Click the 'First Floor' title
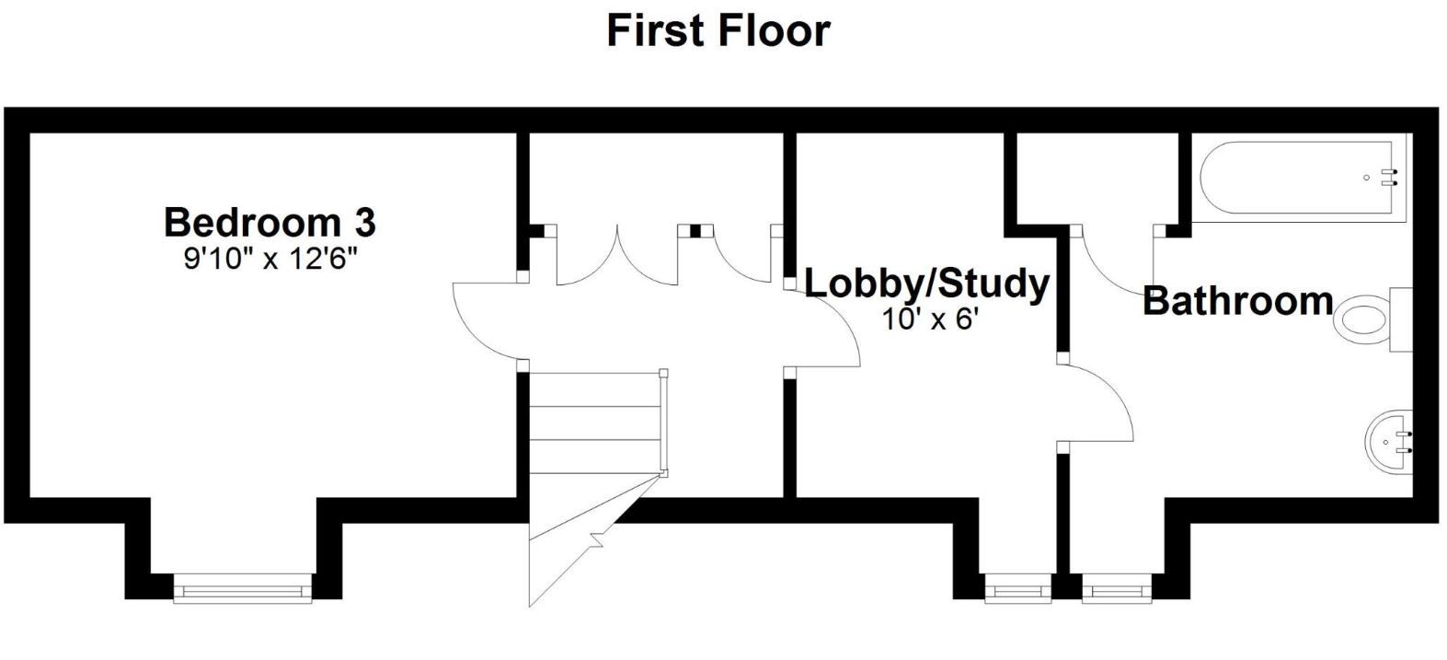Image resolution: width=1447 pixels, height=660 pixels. point(718,31)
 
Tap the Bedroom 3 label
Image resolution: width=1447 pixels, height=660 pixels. point(270,222)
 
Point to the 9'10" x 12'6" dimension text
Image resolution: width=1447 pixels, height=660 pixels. point(270,260)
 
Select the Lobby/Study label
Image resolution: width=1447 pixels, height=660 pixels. point(927,284)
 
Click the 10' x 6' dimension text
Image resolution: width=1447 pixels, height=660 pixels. point(931,319)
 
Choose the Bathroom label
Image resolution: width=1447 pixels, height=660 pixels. point(1237,301)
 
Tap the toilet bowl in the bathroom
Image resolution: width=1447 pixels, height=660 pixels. point(1363,320)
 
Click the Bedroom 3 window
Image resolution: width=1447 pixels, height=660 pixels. point(242,588)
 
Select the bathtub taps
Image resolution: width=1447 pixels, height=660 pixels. point(1390,178)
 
